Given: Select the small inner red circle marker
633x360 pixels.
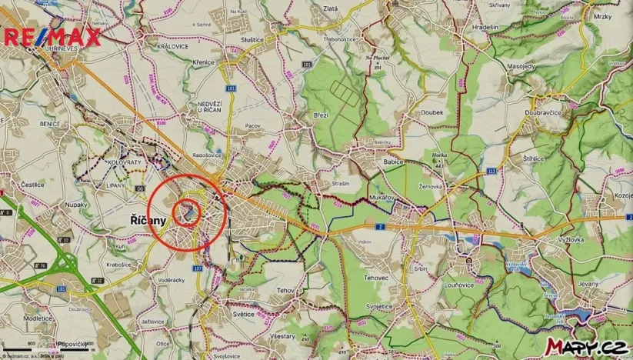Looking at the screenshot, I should coord(186,212).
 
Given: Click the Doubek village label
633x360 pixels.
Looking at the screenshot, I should coord(432,112).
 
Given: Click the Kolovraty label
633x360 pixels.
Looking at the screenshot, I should coord(124,163).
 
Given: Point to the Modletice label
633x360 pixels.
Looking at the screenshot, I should coord(38,317).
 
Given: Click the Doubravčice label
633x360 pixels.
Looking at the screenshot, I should coord(544,112).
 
